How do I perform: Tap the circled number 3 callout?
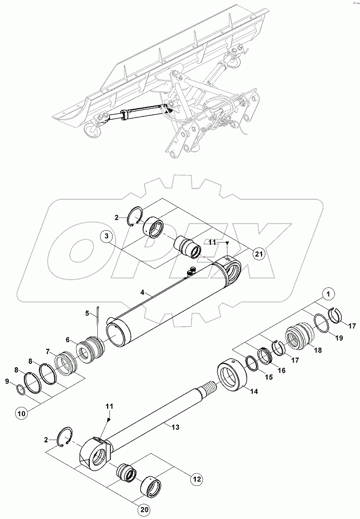pyautogui.click(x=107, y=237)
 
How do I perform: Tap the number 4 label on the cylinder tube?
pyautogui.click(x=142, y=293)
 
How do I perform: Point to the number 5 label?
pyautogui.click(x=86, y=313)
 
